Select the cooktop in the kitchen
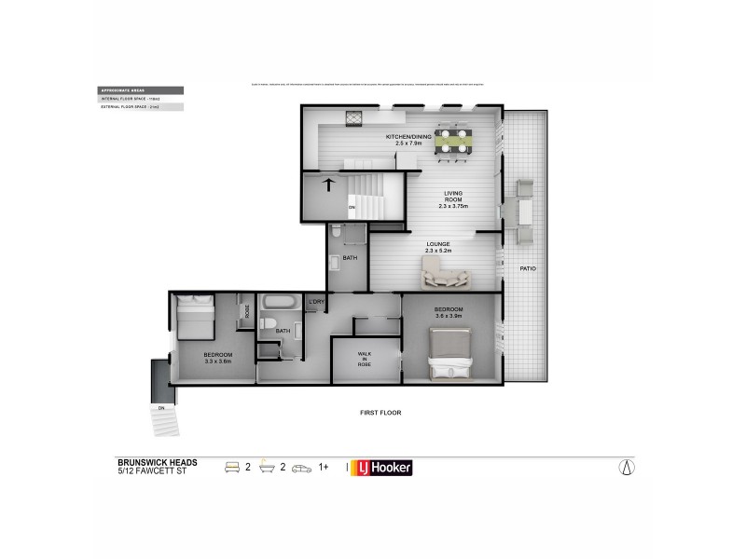click(x=354, y=118)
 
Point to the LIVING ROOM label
click(x=453, y=200)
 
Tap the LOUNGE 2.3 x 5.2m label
click(x=438, y=247)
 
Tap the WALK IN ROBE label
click(x=365, y=360)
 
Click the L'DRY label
click(x=317, y=302)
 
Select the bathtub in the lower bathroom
click(x=277, y=303)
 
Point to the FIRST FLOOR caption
click(x=380, y=412)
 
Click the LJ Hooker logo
click(x=380, y=468)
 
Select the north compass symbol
click(x=627, y=468)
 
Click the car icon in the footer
click(x=301, y=468)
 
